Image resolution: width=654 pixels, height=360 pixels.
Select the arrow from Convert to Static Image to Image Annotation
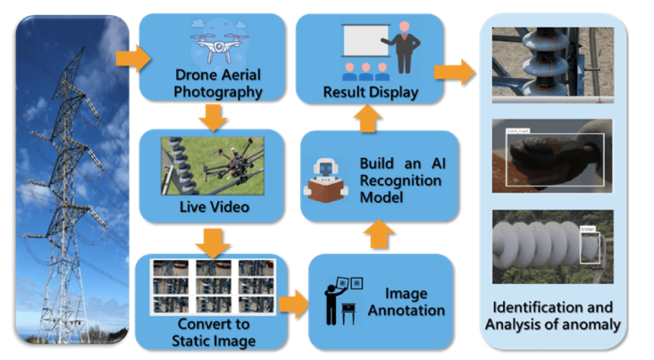tap(292, 303)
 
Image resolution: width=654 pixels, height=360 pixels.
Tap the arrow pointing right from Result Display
tap(460, 72)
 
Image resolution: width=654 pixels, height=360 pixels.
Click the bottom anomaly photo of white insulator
tap(552, 246)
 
